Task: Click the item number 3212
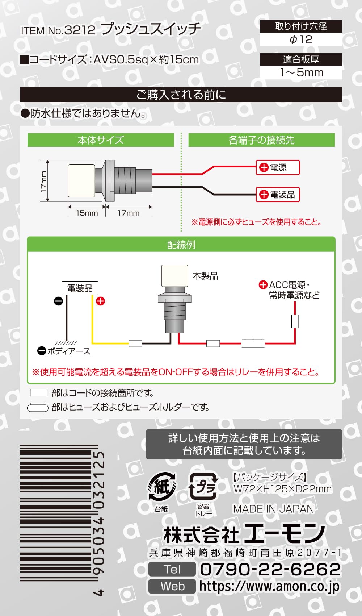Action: (80, 30)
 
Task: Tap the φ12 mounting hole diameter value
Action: (301, 40)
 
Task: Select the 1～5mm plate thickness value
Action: (302, 72)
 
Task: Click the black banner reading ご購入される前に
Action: (181, 95)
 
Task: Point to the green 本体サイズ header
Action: (101, 140)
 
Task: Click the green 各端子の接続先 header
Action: (261, 140)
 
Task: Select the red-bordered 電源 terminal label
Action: (278, 167)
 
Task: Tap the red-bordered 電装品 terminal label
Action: (278, 195)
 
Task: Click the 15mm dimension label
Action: (87, 213)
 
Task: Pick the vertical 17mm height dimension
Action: (44, 181)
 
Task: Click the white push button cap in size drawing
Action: (81, 181)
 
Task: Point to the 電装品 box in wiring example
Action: (80, 288)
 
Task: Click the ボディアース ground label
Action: (64, 351)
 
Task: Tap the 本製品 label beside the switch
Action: (206, 276)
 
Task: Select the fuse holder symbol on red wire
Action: (253, 343)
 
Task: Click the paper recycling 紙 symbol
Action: (162, 487)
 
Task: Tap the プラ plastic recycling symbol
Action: (203, 486)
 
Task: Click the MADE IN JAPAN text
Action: (274, 509)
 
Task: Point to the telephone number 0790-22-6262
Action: (270, 569)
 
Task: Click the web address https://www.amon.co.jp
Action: (269, 586)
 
